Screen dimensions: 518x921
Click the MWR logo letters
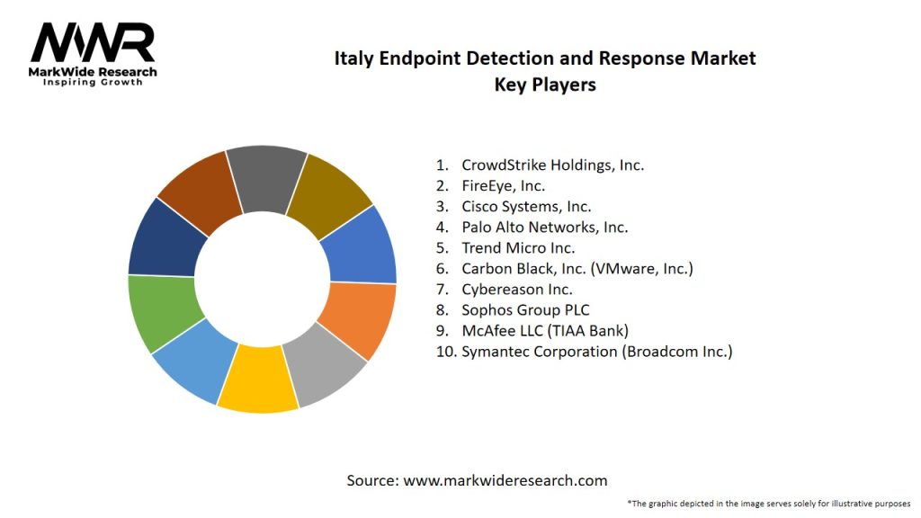pyautogui.click(x=93, y=43)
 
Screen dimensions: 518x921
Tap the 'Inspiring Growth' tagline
pyautogui.click(x=92, y=83)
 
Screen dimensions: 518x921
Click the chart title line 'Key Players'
pyautogui.click(x=545, y=85)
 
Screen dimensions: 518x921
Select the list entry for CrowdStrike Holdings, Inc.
pyautogui.click(x=552, y=165)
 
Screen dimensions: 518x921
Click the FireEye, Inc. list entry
pyautogui.click(x=503, y=186)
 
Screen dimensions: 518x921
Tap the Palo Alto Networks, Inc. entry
pyautogui.click(x=544, y=228)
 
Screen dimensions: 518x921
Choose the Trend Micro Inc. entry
pyautogui.click(x=518, y=248)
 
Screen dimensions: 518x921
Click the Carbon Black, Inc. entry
pyautogui.click(x=577, y=269)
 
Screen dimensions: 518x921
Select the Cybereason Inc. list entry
pyautogui.click(x=516, y=290)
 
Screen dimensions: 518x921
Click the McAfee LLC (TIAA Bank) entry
pyautogui.click(x=545, y=331)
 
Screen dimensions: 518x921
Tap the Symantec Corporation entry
pyautogui.click(x=596, y=352)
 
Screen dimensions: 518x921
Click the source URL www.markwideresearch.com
pyautogui.click(x=505, y=480)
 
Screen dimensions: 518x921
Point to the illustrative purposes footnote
pyautogui.click(x=769, y=503)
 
